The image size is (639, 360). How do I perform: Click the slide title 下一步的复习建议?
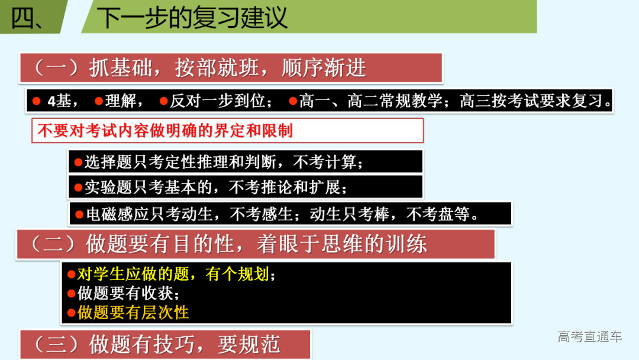pos(192,18)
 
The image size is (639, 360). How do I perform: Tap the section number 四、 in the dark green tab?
pos(27,18)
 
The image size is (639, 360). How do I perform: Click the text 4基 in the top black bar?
pos(59,101)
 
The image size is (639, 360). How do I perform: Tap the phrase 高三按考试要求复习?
pos(535,101)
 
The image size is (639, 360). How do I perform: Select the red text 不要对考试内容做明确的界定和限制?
pos(165,130)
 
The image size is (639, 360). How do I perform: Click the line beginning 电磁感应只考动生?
pos(282,214)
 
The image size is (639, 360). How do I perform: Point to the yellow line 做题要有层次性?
pos(133,312)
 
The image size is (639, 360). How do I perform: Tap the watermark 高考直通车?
pos(589,337)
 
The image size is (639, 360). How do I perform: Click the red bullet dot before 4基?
pos(36,101)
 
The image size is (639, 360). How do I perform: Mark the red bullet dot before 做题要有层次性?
pos(71,313)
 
